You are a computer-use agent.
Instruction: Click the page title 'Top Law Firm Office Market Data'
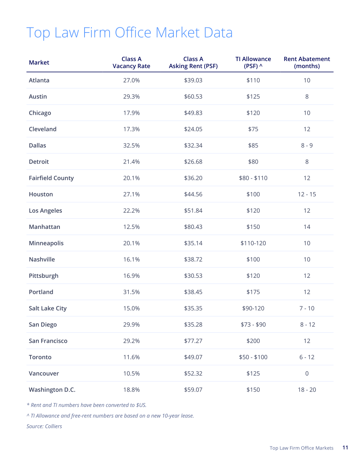pyautogui.click(x=129, y=33)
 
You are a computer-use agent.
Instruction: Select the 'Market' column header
pyautogui.click(x=39, y=63)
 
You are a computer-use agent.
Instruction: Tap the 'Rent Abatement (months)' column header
pyautogui.click(x=307, y=63)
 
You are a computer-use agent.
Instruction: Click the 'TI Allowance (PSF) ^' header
pyautogui.click(x=253, y=63)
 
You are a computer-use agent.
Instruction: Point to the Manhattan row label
pyautogui.click(x=44, y=227)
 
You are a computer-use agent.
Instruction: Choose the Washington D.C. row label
pyautogui.click(x=52, y=390)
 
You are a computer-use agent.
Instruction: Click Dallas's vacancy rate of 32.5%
pyautogui.click(x=131, y=145)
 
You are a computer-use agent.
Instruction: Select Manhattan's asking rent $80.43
pyautogui.click(x=193, y=227)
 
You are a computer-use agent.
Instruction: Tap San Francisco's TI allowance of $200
pyautogui.click(x=253, y=341)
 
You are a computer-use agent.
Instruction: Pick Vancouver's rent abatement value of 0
pyautogui.click(x=307, y=374)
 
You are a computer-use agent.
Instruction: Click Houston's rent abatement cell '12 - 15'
pyautogui.click(x=307, y=194)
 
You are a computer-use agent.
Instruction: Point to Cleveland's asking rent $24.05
pyautogui.click(x=193, y=129)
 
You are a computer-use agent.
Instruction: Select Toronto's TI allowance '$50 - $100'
pyautogui.click(x=253, y=357)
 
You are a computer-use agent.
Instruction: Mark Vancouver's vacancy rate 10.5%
pyautogui.click(x=131, y=374)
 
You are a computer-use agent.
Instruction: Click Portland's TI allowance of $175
pyautogui.click(x=253, y=292)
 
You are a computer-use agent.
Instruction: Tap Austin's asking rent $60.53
pyautogui.click(x=193, y=97)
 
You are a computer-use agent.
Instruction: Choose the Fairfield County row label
pyautogui.click(x=51, y=178)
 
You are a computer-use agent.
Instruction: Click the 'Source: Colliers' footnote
pyautogui.click(x=44, y=426)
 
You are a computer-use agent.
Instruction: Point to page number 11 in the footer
pyautogui.click(x=345, y=448)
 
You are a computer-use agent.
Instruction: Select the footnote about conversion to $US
pyautogui.click(x=86, y=405)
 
